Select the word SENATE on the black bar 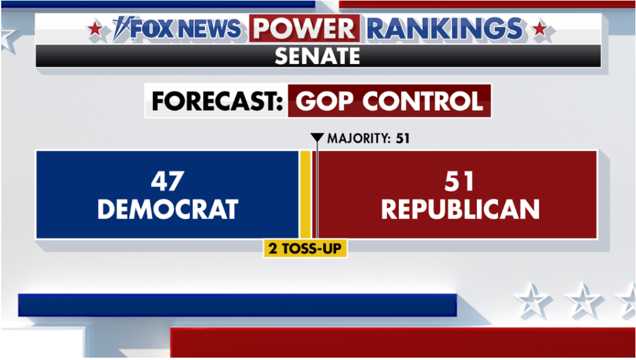click(317, 56)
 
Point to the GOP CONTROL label click(389, 101)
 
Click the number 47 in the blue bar click(168, 181)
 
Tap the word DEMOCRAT click(168, 209)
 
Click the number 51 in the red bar click(460, 181)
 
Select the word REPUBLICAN click(460, 209)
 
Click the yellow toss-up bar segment click(305, 194)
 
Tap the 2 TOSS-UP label click(305, 249)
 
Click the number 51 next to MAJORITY click(402, 138)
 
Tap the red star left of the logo click(95, 29)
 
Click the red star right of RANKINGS click(540, 29)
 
